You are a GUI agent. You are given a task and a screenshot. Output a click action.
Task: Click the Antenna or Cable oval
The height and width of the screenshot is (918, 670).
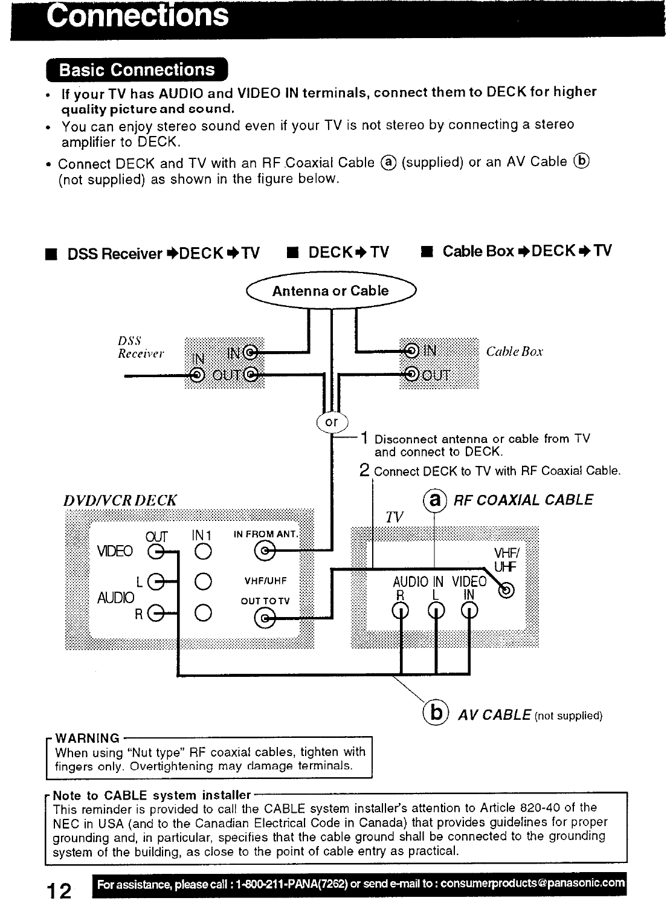[330, 291]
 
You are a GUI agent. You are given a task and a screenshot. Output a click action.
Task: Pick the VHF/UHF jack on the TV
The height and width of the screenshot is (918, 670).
[508, 590]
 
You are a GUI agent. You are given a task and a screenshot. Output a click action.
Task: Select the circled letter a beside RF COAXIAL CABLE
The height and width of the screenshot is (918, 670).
[434, 500]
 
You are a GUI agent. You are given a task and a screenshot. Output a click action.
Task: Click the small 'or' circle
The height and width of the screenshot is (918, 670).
[332, 422]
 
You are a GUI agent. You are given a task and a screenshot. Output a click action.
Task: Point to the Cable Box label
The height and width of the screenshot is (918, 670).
[514, 352]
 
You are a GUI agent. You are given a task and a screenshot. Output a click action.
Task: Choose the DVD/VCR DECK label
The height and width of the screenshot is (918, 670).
[120, 501]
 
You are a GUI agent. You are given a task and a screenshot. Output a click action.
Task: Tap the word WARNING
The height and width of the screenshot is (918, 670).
[87, 738]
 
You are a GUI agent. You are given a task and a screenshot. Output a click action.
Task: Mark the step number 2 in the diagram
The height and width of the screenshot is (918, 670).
[364, 470]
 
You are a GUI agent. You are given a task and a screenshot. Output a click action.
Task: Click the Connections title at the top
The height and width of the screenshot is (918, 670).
[138, 17]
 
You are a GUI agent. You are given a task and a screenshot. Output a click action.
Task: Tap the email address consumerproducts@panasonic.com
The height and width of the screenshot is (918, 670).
[532, 884]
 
